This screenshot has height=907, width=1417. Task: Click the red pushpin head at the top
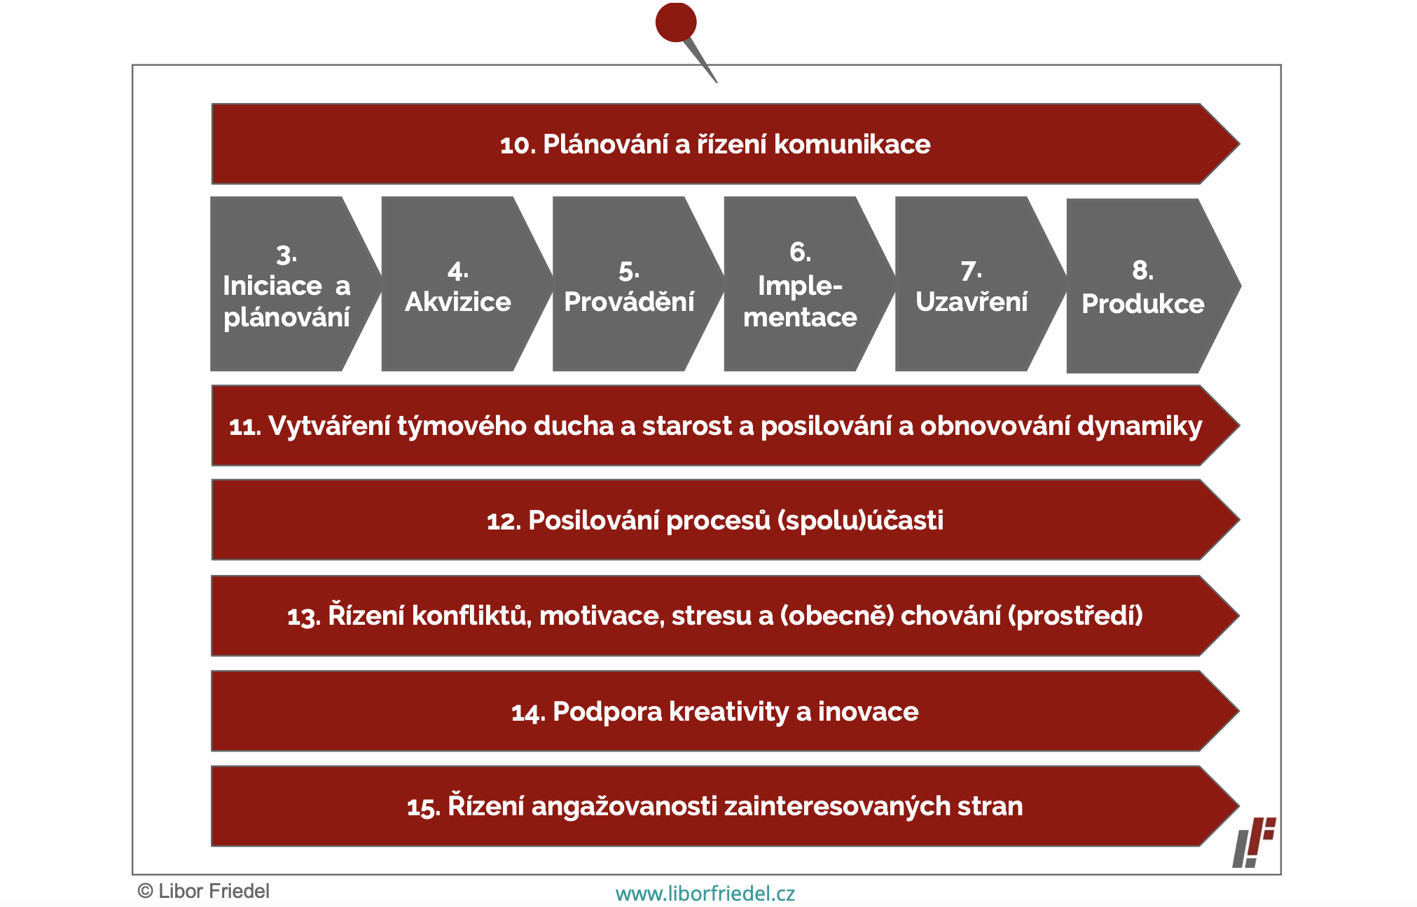pos(676,22)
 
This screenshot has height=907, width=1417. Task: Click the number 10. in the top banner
pos(518,145)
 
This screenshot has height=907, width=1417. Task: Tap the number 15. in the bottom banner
pos(424,808)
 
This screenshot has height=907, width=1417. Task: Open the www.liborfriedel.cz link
pos(705,894)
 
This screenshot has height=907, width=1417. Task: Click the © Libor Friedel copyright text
pos(204,891)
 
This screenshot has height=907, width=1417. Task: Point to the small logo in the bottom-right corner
pos(1254,843)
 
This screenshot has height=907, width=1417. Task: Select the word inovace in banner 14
pos(869,712)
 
